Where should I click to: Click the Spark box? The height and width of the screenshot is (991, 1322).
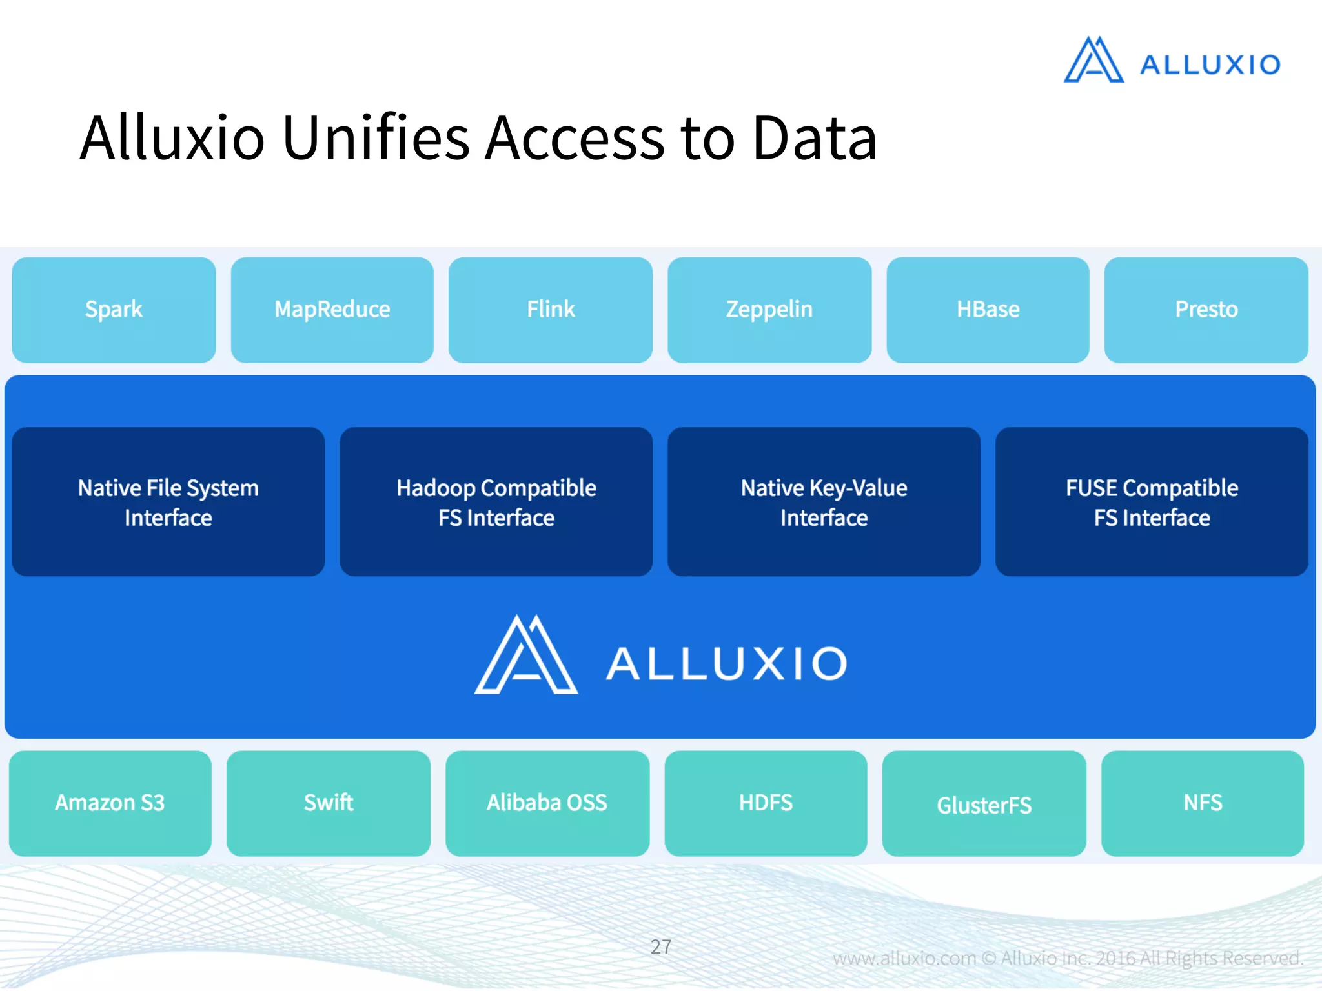click(x=114, y=310)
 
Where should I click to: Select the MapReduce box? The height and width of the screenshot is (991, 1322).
click(x=332, y=310)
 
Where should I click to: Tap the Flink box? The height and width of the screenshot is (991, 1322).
click(x=550, y=310)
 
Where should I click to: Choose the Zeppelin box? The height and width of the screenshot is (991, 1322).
click(x=769, y=310)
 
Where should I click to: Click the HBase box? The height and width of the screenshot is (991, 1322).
click(x=988, y=310)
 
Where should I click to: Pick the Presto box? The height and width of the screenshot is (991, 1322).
click(x=1206, y=310)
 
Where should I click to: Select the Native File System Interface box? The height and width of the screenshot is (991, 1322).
click(x=168, y=502)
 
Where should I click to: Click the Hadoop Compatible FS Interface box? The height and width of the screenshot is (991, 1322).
click(x=496, y=502)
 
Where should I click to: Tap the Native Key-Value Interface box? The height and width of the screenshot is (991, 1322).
click(x=824, y=502)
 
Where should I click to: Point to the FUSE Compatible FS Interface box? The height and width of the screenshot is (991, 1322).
click(x=1152, y=502)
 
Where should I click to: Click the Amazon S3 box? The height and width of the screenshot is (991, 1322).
click(x=110, y=803)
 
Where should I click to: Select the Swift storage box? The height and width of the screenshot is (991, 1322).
click(x=328, y=803)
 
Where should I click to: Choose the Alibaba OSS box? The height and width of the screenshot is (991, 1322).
click(x=547, y=803)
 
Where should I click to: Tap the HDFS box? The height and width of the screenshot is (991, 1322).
click(x=766, y=803)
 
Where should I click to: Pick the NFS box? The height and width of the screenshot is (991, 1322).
click(x=1202, y=803)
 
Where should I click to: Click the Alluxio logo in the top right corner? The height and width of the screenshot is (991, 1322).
click(x=1172, y=61)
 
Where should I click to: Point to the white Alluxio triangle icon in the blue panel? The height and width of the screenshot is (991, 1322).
click(x=525, y=657)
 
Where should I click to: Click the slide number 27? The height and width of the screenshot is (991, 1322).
click(x=661, y=946)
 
